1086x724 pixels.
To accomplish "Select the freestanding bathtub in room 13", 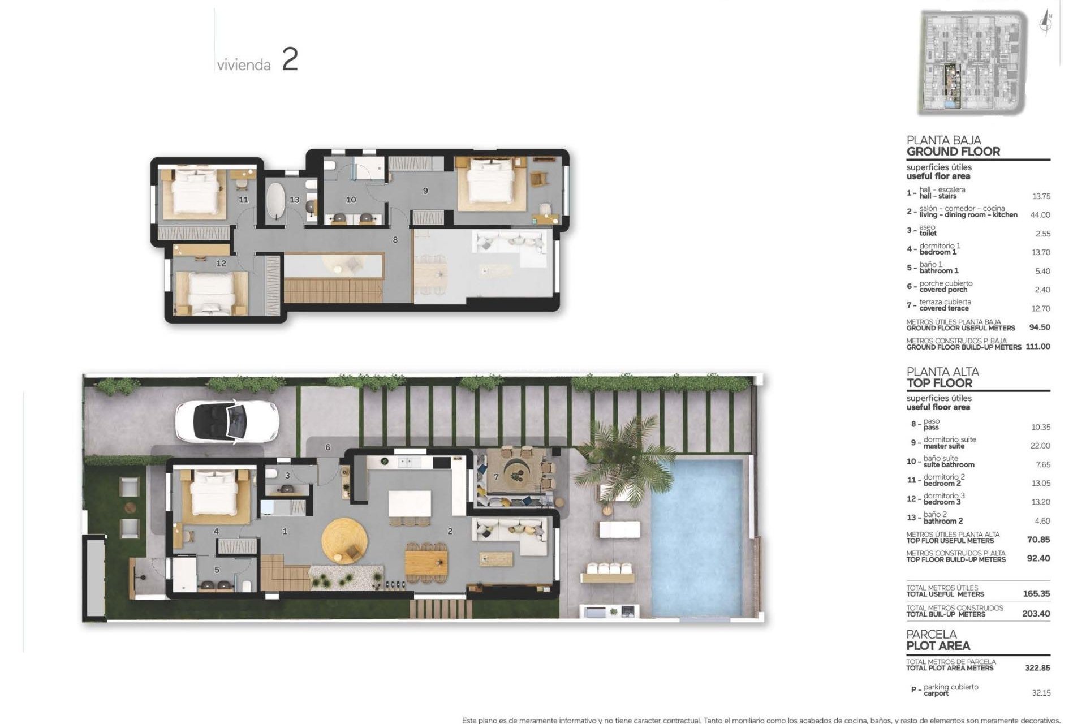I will (277, 200).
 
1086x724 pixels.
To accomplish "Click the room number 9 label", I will (425, 191).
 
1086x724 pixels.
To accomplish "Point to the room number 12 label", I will (221, 264).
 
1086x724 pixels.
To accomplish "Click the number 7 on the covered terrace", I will (496, 477).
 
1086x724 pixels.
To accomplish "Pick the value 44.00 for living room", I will (1040, 215).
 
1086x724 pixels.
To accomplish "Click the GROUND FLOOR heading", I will (953, 152).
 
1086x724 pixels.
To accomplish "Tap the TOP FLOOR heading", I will (939, 383).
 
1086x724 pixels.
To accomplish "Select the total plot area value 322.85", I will (1037, 668).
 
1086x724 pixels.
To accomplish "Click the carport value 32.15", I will (1041, 693).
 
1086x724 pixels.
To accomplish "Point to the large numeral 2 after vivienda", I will (290, 60).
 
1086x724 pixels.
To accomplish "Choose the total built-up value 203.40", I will (1036, 614).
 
